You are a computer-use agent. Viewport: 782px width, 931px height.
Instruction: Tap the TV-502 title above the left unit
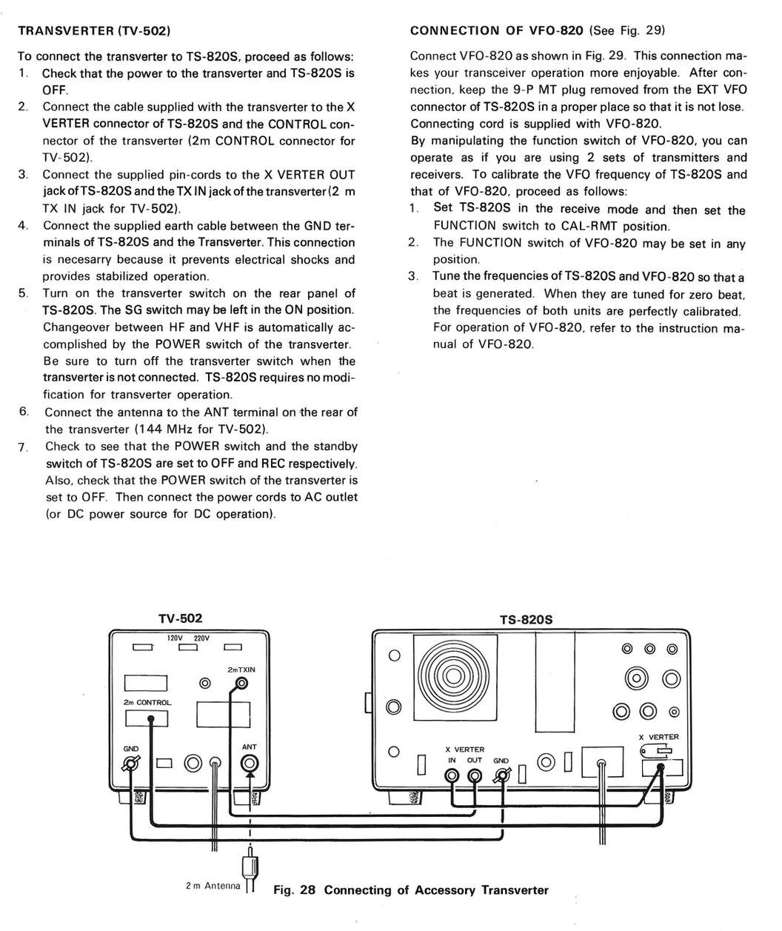click(180, 618)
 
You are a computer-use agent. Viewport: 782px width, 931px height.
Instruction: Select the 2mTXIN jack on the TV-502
click(240, 683)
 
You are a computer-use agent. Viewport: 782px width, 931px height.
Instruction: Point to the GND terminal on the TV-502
click(133, 764)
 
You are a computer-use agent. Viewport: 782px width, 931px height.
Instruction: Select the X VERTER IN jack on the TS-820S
click(451, 775)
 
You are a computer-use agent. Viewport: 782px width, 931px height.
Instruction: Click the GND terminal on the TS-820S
click(504, 775)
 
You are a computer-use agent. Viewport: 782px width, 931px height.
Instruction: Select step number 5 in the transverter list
click(23, 293)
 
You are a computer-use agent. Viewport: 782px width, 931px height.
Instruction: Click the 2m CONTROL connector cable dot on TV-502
click(151, 718)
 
